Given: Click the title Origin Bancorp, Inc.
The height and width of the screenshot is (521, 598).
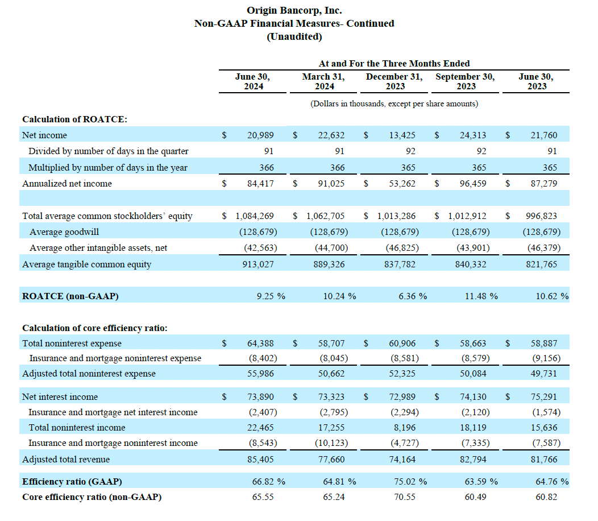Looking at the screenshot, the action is point(294,10).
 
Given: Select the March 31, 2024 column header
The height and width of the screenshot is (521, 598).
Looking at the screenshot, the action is point(324,81).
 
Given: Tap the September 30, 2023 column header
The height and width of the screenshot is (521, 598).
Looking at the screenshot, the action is point(466,81).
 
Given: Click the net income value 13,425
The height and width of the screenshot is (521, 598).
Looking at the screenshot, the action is point(402,135).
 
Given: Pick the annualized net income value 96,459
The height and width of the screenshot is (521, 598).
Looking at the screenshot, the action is point(473,184).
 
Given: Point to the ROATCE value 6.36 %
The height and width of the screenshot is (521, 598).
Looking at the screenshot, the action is point(413,296).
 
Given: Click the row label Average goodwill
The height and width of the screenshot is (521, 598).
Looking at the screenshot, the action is point(64,232).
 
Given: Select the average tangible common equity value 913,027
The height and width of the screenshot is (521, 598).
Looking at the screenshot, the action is point(258,264).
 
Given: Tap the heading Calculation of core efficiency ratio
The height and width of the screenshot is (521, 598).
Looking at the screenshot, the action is point(94,328).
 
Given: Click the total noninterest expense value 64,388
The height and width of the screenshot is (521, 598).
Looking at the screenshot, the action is point(260,344).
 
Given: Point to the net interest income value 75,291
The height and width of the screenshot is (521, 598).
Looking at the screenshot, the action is point(544,397).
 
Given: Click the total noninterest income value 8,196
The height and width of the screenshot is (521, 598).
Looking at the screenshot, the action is point(405,428).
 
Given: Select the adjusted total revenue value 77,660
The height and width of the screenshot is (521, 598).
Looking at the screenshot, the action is point(331,460).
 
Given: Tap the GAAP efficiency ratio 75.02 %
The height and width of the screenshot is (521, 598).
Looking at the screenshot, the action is point(410,482).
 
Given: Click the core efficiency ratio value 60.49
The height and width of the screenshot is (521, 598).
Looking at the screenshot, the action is point(476,497).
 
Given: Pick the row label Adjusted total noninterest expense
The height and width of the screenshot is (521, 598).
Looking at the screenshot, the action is point(89,374).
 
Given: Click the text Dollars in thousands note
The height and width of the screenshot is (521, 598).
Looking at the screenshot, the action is point(394,104).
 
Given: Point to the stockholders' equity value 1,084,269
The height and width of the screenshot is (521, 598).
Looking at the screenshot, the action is point(255,216).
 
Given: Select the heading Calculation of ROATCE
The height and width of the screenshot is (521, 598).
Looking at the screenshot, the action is point(75,119).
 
